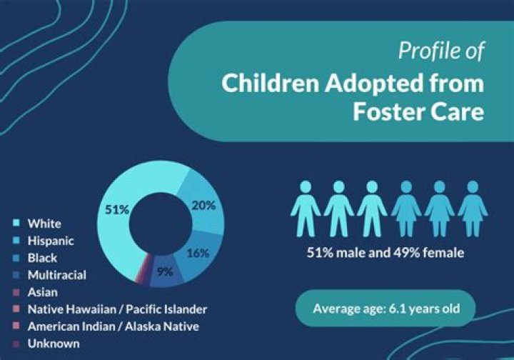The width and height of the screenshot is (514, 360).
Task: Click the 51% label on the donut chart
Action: coord(117,209)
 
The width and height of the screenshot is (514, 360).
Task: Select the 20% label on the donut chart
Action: coord(204,206)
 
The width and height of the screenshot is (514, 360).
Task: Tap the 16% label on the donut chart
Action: coord(198,253)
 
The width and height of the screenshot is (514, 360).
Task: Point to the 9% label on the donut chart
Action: coord(165,272)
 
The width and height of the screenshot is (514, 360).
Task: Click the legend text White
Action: coord(44,224)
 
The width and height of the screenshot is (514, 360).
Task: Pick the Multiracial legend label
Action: coord(57,275)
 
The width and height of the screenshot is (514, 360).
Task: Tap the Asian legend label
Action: coord(43,292)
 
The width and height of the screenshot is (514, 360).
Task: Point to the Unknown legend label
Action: coord(54,344)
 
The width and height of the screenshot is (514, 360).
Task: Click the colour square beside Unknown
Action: coord(16,344)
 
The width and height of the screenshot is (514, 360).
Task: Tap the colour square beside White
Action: coord(16,224)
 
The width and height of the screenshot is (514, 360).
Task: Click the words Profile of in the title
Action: coord(441,51)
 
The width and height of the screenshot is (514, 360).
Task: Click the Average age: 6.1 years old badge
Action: coord(385,309)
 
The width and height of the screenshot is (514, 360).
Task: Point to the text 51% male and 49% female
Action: coord(385,253)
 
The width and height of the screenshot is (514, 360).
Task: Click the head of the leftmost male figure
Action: coord(306,186)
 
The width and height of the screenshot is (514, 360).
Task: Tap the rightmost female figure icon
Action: coord(473,209)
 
